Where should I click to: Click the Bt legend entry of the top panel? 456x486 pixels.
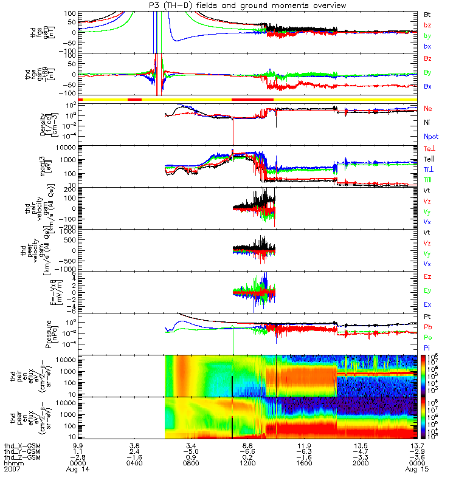pos(427,13)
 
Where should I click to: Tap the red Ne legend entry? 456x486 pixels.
pos(428,109)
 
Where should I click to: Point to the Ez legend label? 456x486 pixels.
pos(428,276)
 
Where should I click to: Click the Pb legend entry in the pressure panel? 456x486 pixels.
pos(428,327)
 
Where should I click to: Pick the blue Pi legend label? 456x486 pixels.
pos(427,348)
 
